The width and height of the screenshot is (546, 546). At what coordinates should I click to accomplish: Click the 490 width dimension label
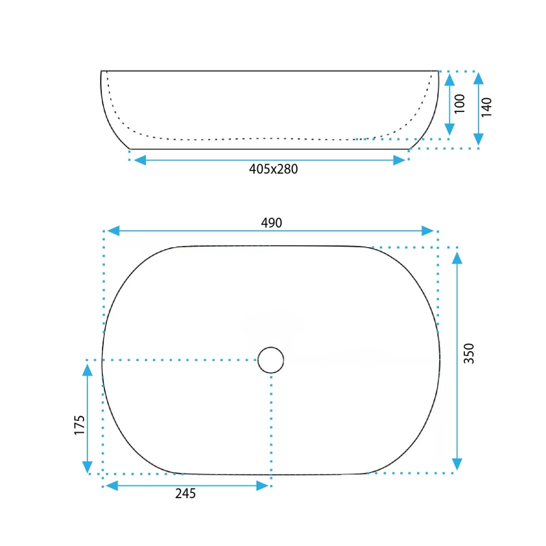[x=272, y=223]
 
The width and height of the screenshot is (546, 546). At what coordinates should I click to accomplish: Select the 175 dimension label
[x=79, y=426]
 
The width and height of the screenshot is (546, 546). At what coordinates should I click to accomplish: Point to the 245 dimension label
[x=186, y=494]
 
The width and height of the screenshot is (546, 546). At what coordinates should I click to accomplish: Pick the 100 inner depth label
[x=459, y=103]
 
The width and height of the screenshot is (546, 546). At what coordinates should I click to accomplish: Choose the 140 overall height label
[x=486, y=107]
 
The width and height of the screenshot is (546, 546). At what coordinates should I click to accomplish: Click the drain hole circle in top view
[x=270, y=360]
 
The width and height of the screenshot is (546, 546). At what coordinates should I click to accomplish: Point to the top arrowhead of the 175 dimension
[x=87, y=368]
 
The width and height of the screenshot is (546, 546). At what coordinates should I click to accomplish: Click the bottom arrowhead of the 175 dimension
[x=87, y=467]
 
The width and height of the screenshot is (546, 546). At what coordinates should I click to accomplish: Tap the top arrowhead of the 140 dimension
[x=478, y=79]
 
